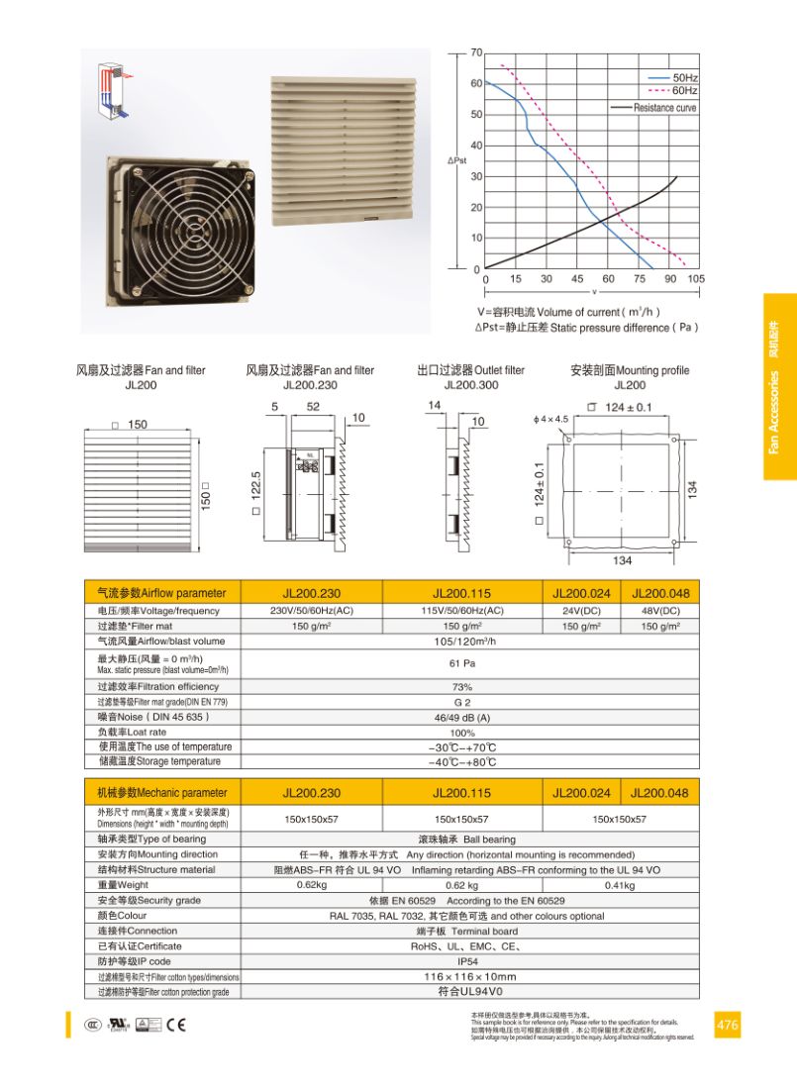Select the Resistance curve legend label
[664, 108]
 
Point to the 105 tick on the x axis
[695, 279]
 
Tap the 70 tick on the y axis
[476, 52]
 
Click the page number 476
[727, 1025]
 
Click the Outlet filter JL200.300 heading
[470, 377]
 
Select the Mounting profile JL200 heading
[630, 377]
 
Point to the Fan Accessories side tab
[779, 387]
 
